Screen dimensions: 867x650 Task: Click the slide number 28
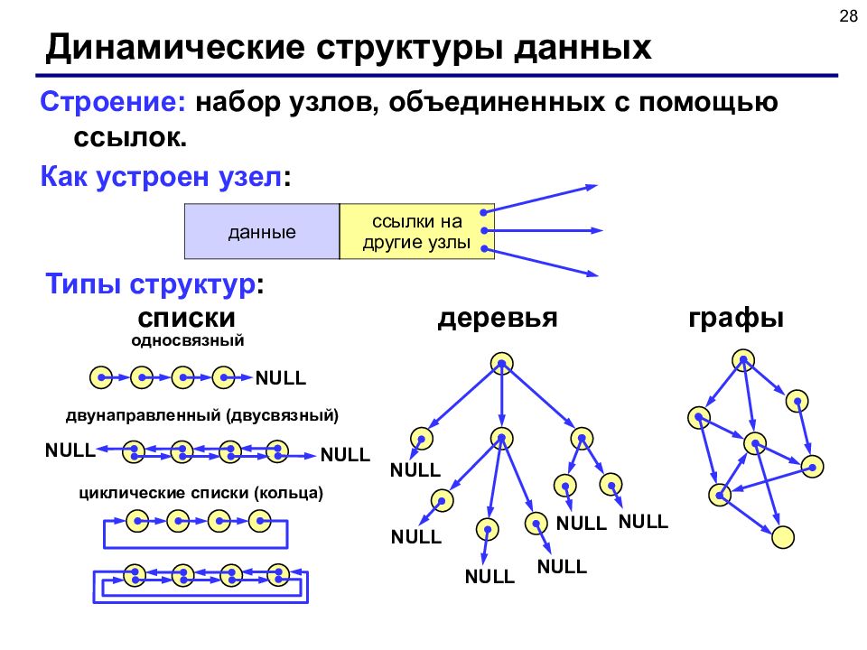848,16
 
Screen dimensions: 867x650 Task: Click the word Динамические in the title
174,48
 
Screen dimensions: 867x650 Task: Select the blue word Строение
113,102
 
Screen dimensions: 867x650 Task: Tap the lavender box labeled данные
262,232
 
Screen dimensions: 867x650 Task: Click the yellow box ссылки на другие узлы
417,232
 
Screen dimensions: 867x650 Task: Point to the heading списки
186,318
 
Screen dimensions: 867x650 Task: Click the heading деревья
498,318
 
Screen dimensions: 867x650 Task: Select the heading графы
736,319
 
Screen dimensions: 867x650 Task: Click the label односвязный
188,340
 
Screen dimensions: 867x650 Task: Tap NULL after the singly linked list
280,378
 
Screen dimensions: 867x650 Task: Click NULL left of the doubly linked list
70,450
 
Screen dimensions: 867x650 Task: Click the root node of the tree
501,363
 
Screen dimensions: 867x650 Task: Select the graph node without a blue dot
782,536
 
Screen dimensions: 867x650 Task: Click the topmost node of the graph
743,360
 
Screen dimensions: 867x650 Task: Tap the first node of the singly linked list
101,377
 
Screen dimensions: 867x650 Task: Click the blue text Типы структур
151,284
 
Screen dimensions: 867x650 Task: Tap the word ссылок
130,137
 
